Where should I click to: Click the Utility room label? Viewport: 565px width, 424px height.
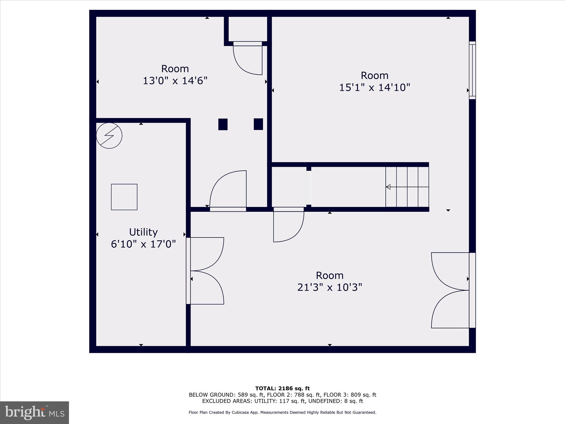tap(143, 232)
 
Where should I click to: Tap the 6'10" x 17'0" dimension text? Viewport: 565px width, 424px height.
tap(143, 244)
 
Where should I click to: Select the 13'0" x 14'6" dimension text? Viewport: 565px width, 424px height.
tap(175, 81)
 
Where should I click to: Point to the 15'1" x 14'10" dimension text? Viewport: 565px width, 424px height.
tap(374, 88)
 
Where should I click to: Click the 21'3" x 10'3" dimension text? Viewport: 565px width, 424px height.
tap(329, 287)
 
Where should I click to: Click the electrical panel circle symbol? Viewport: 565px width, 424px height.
tap(109, 136)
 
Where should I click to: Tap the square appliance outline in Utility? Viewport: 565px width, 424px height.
tap(124, 197)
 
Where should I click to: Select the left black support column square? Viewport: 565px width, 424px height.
tap(223, 124)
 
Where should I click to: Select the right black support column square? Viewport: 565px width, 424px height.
tap(258, 124)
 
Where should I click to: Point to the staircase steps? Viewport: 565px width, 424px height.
tap(407, 187)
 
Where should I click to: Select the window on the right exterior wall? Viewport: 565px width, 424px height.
tap(472, 70)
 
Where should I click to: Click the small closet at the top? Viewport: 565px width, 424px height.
tap(247, 29)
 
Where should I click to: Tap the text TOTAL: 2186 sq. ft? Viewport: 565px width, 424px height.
tap(282, 389)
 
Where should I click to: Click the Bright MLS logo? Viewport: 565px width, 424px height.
tap(34, 413)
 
